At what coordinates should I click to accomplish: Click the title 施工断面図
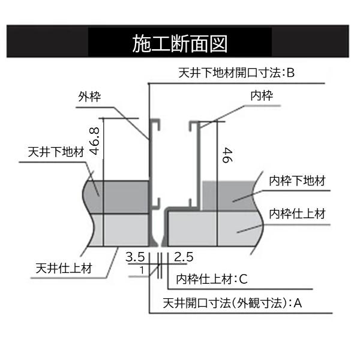tap(179, 44)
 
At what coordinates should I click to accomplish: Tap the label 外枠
tap(88, 96)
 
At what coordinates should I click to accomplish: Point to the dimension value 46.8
tap(94, 142)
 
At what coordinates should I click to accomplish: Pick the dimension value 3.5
tap(136, 257)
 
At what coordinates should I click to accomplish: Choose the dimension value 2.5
tap(184, 257)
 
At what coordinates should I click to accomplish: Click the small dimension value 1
tap(141, 270)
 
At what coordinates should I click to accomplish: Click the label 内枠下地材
tap(297, 181)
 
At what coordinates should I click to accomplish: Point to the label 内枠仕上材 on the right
tap(297, 214)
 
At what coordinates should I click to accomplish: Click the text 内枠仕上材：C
tap(212, 279)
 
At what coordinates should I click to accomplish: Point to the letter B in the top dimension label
tap(290, 73)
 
